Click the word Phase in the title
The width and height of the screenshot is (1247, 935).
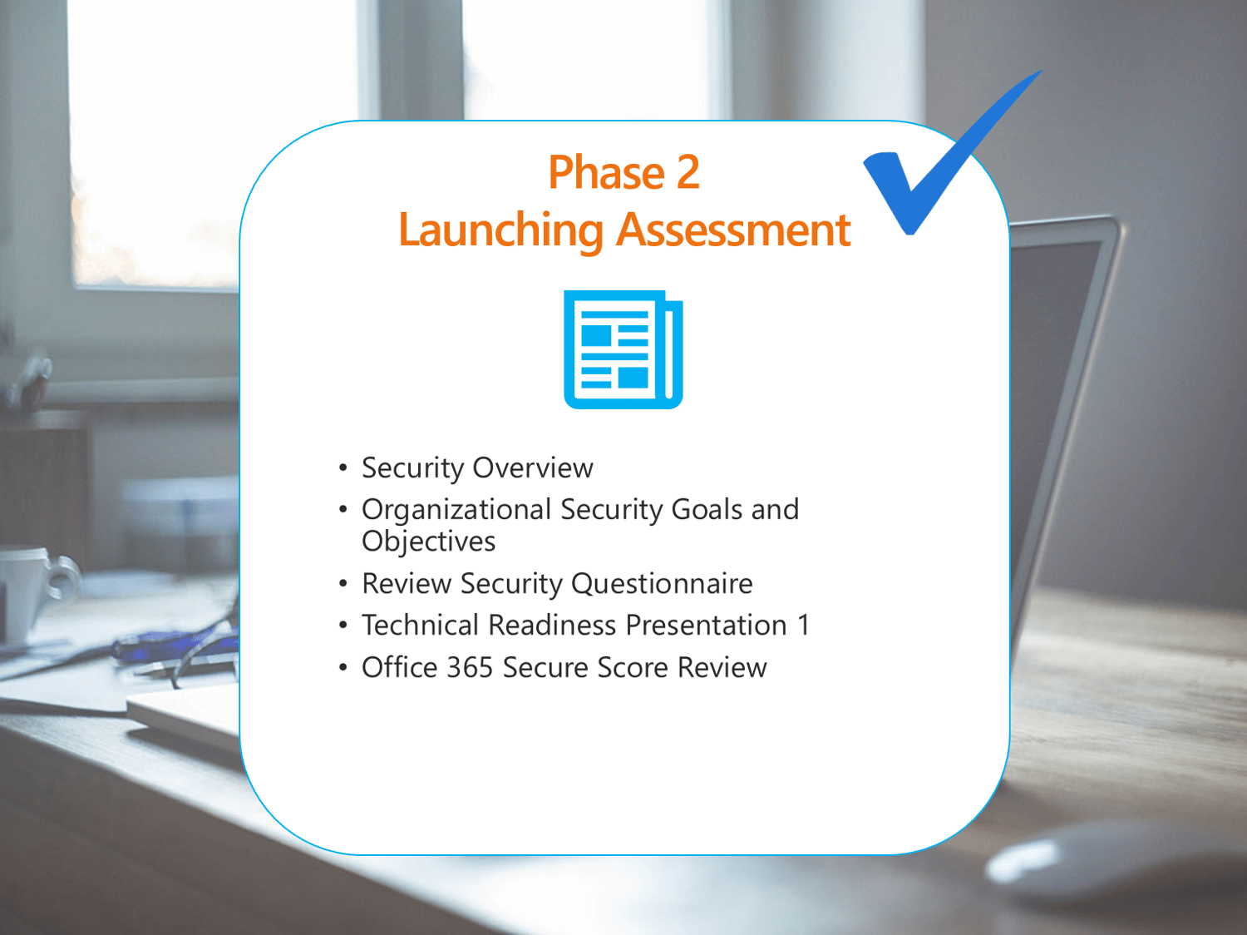(x=604, y=173)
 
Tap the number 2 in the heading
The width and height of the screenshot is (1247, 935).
(x=688, y=173)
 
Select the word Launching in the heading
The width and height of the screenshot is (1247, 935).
(x=500, y=230)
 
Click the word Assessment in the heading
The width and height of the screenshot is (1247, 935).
(x=733, y=230)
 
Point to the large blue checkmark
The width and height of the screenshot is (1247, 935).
(x=931, y=166)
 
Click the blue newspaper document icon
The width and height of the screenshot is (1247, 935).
(x=623, y=349)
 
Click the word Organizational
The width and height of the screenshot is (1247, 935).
(x=456, y=510)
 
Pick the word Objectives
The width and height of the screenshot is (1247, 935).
(x=428, y=542)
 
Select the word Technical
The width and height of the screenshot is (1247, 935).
(x=420, y=626)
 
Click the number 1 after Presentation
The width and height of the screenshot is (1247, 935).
(x=803, y=626)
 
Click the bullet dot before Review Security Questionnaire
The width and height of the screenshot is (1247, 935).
(x=343, y=584)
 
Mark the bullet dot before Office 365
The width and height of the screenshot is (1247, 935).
(x=343, y=668)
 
